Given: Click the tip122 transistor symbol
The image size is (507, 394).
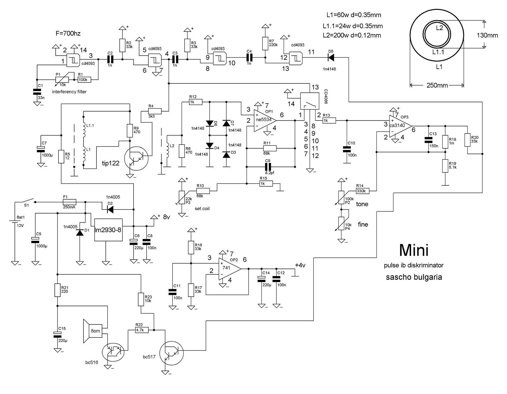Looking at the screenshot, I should click(136, 158).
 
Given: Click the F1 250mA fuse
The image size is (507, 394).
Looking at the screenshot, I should click(70, 202).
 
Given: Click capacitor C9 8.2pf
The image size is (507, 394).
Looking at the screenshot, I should click(267, 167).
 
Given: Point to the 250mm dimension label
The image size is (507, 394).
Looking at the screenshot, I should click(437, 85).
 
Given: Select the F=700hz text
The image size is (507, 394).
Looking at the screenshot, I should click(68, 33).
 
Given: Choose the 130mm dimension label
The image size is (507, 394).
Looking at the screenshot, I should click(487, 35).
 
